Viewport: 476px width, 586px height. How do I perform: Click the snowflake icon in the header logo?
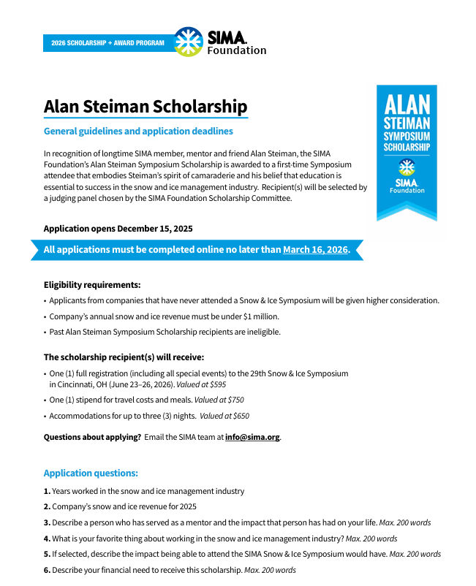tap(189, 41)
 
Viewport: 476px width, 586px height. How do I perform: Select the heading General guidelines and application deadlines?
tap(138, 132)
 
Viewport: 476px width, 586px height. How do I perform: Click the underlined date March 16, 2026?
tap(316, 250)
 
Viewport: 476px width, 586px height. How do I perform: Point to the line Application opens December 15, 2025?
tap(118, 229)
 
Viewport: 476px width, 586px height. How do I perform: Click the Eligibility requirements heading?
tap(92, 285)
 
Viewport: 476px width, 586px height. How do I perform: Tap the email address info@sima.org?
tap(252, 437)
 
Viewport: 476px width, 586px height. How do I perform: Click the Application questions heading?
tap(91, 473)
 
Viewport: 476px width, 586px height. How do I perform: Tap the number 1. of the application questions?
tap(47, 491)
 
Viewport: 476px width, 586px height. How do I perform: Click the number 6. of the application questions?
tap(47, 570)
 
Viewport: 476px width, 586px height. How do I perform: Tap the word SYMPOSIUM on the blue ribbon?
tap(407, 136)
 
